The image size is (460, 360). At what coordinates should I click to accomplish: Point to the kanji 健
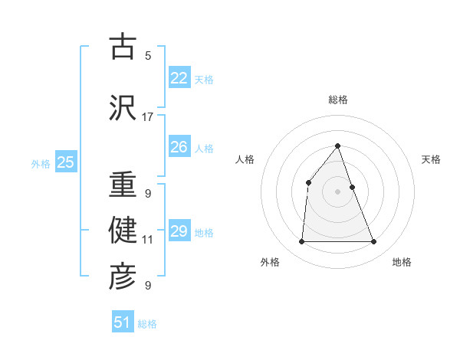[x=123, y=229]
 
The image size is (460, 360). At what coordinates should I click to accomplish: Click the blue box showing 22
[x=179, y=78]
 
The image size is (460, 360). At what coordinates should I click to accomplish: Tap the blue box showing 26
[x=179, y=147]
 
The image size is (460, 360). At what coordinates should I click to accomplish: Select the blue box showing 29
[x=179, y=231]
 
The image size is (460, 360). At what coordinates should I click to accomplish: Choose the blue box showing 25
[x=65, y=162]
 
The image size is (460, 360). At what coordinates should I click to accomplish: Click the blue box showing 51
[x=122, y=322]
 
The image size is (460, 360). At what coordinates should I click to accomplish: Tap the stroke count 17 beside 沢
[x=148, y=117]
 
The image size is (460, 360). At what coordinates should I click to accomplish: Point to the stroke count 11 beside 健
[x=148, y=240]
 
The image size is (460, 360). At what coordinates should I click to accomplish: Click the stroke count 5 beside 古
[x=148, y=55]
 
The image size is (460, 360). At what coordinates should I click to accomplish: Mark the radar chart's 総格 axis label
[x=337, y=100]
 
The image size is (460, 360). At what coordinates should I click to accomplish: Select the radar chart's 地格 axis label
[x=402, y=262]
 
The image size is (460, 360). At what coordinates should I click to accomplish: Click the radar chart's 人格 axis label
[x=245, y=159]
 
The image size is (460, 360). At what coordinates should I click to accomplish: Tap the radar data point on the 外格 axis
[x=301, y=241]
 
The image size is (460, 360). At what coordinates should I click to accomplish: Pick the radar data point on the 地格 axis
[x=373, y=241]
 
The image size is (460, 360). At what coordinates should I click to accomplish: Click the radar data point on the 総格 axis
[x=337, y=146]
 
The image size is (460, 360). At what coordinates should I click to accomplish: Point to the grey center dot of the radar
[x=337, y=191]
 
